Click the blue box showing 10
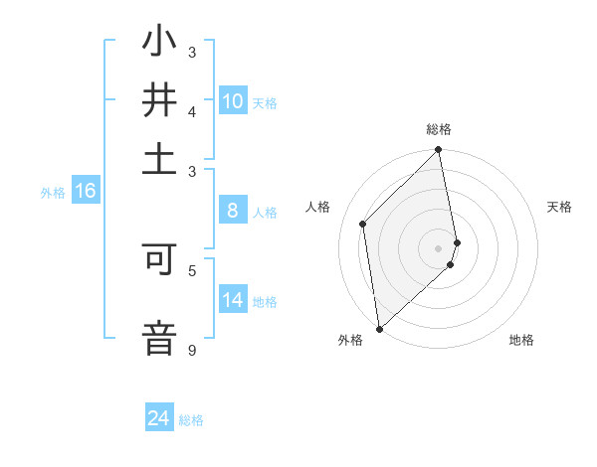(x=233, y=101)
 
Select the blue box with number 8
(x=233, y=211)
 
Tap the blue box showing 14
(x=233, y=300)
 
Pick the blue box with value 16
(x=85, y=192)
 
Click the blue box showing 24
(x=159, y=418)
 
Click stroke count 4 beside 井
(x=192, y=111)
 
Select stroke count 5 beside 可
(x=192, y=269)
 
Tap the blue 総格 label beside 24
(x=191, y=420)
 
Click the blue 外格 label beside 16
(x=52, y=193)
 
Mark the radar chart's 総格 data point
(x=438, y=151)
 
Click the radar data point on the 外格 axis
(x=379, y=328)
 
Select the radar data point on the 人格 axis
(x=363, y=224)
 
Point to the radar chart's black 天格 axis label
(x=559, y=207)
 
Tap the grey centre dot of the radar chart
(x=438, y=247)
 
